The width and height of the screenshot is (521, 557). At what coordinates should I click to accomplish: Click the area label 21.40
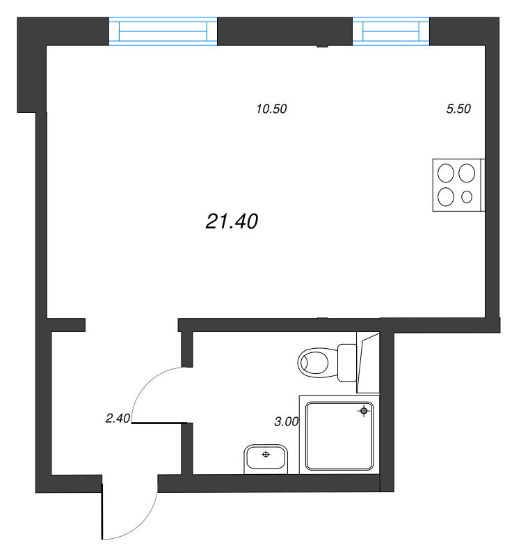[232, 221]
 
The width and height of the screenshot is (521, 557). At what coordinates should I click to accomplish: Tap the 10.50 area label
[272, 109]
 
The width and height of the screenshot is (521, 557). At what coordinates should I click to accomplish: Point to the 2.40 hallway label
[118, 418]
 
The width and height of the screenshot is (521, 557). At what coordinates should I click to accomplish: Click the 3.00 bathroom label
[287, 421]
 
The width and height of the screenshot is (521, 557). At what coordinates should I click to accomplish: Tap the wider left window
[163, 32]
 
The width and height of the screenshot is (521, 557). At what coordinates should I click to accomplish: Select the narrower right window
[391, 32]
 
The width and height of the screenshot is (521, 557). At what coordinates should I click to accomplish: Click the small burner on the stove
[467, 197]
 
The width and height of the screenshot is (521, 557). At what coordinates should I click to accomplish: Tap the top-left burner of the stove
[446, 171]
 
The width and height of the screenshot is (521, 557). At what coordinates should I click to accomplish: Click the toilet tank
[346, 362]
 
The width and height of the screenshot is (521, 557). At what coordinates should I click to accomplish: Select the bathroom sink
[266, 459]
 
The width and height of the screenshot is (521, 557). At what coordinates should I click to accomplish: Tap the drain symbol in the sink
[266, 455]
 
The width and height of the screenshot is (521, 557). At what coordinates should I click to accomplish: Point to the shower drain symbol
[363, 411]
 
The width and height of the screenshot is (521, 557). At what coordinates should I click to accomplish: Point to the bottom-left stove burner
[446, 197]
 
